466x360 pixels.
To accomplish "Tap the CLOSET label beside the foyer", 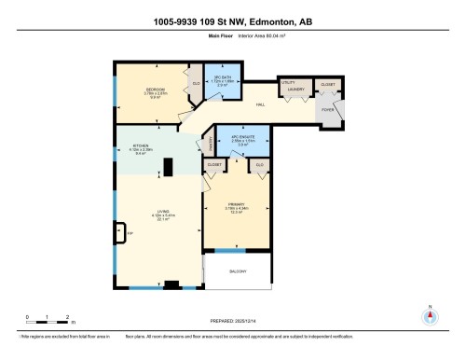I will [327, 83].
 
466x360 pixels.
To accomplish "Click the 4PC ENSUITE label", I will [243, 136].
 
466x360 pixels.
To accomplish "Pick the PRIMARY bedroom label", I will [236, 204].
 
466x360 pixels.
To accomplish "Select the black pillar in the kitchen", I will [169, 167].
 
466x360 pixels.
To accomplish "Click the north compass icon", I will [430, 314].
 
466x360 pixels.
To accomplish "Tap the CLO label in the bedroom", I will [196, 84].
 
